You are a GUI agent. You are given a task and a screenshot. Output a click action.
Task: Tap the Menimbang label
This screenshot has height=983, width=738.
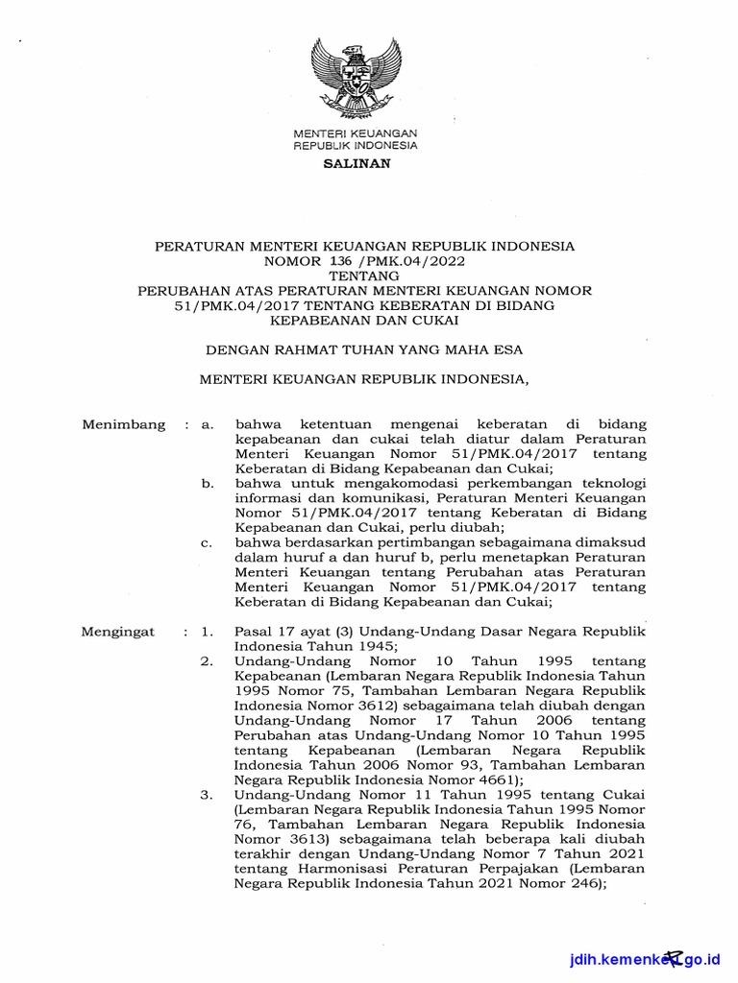click(124, 424)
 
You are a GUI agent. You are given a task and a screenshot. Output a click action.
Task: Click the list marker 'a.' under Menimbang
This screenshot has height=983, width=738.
click(207, 424)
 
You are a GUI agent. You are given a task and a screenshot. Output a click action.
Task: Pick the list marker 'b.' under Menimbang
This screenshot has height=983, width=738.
click(208, 483)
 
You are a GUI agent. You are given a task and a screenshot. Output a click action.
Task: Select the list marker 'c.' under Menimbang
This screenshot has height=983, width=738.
click(207, 542)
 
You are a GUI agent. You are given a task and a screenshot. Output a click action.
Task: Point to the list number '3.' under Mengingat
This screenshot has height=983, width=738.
click(206, 796)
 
